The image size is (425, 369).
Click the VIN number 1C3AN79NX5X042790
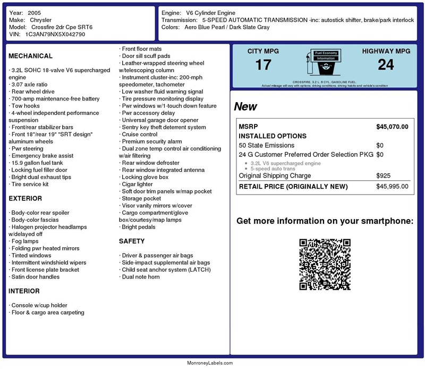(55, 34)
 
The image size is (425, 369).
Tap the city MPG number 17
(263, 65)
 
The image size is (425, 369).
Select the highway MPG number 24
(386, 65)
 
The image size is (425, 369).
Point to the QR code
(325, 264)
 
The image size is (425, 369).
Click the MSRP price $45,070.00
(392, 127)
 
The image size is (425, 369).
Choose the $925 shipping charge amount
(383, 175)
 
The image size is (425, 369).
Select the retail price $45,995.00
(392, 186)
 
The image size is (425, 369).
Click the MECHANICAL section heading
(30, 56)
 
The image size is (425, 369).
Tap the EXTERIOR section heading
(25, 198)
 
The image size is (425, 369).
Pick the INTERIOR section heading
(24, 291)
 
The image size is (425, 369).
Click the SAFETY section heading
(132, 241)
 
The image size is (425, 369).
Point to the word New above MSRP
(245, 106)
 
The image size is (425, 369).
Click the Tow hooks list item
(25, 106)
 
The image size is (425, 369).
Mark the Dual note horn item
(141, 276)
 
